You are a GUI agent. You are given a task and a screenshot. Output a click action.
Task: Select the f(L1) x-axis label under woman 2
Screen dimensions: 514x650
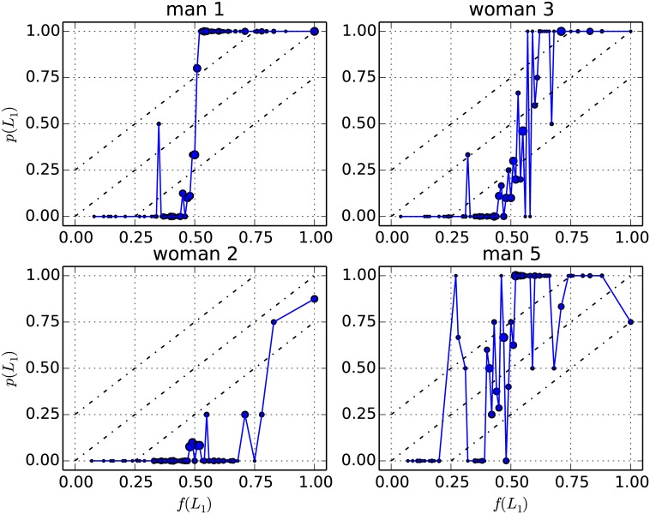tap(195, 502)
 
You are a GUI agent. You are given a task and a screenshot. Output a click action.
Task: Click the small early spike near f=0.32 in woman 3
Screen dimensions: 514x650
tap(467, 155)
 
